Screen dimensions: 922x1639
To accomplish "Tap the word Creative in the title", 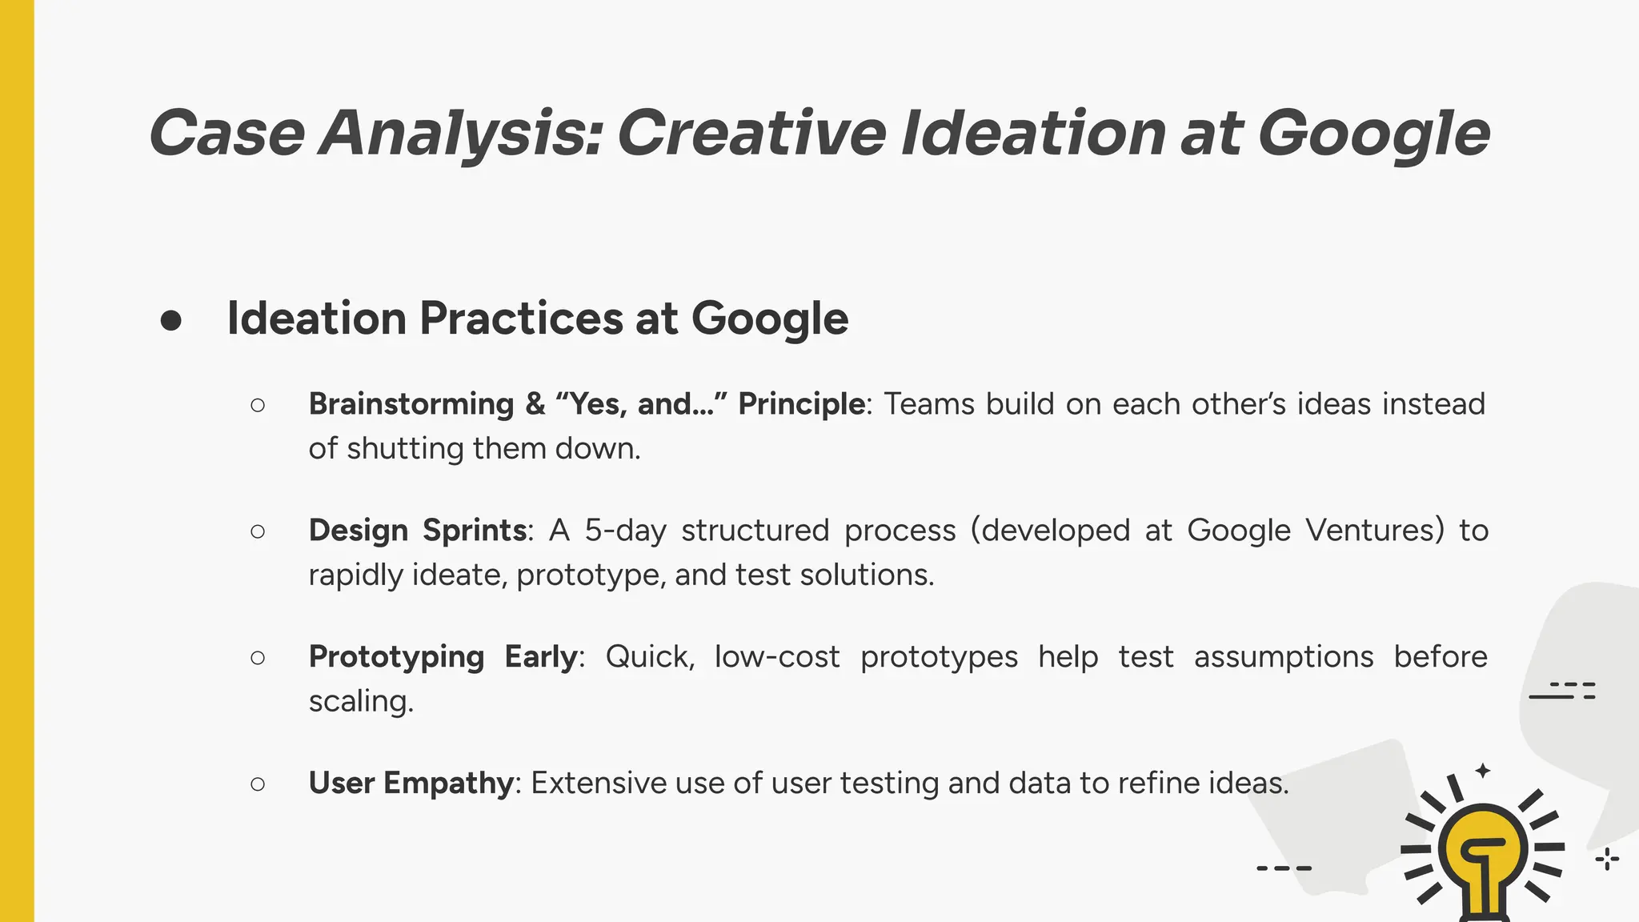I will click(751, 134).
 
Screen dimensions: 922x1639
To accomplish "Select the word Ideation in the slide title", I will click(1033, 134).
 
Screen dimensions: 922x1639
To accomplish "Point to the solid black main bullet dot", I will click(170, 321).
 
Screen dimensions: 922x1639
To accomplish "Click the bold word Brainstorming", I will click(411, 404).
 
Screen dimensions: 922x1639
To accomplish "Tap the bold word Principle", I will click(801, 404).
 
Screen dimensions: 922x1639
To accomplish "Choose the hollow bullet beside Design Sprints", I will click(258, 531).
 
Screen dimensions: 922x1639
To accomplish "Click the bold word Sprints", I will click(475, 531).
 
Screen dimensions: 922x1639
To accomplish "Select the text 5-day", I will click(625, 531).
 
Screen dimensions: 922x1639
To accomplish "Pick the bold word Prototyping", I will click(396, 657).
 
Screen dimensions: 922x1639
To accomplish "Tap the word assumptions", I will click(1284, 657).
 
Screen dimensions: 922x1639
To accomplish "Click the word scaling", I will click(361, 701).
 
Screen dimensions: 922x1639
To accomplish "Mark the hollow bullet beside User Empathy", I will click(258, 784).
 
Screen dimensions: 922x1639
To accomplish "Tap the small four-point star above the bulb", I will click(1483, 771).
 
